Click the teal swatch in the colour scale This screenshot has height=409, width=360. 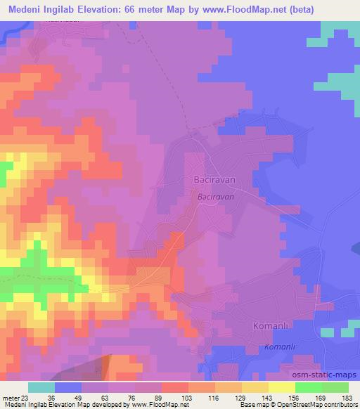41,387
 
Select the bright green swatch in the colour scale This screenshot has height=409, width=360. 309,387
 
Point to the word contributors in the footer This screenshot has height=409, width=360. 337,405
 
